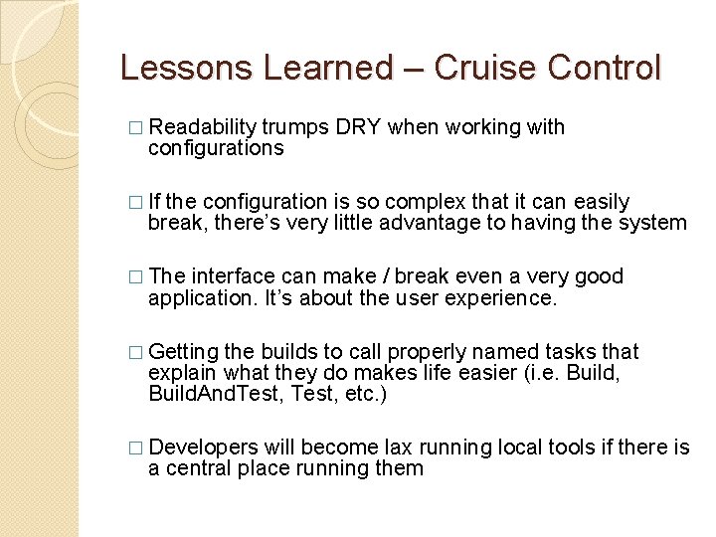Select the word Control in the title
coord(605,68)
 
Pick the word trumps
coord(295,127)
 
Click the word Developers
coord(203,447)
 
